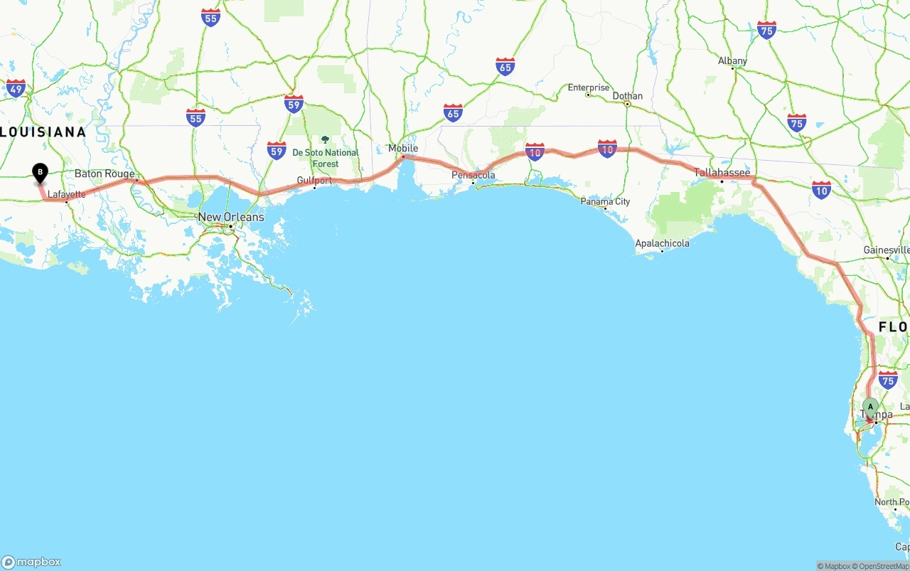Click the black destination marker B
pyautogui.click(x=41, y=172)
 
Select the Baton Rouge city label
pyautogui.click(x=105, y=174)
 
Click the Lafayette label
pyautogui.click(x=67, y=194)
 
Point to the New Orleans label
pyautogui.click(x=231, y=217)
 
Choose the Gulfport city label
pyautogui.click(x=314, y=181)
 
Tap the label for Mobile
pyautogui.click(x=403, y=148)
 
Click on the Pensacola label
pyautogui.click(x=473, y=175)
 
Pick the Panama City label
pyautogui.click(x=605, y=201)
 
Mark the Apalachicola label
pyautogui.click(x=662, y=243)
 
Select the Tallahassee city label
pyautogui.click(x=722, y=173)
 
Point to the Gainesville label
pyautogui.click(x=886, y=250)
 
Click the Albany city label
pyautogui.click(x=732, y=61)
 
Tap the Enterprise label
pyautogui.click(x=589, y=87)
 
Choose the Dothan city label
pyautogui.click(x=627, y=96)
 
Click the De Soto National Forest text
pyautogui.click(x=326, y=158)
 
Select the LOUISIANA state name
pyautogui.click(x=43, y=132)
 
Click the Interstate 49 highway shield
pyautogui.click(x=16, y=88)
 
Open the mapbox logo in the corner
pyautogui.click(x=31, y=562)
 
